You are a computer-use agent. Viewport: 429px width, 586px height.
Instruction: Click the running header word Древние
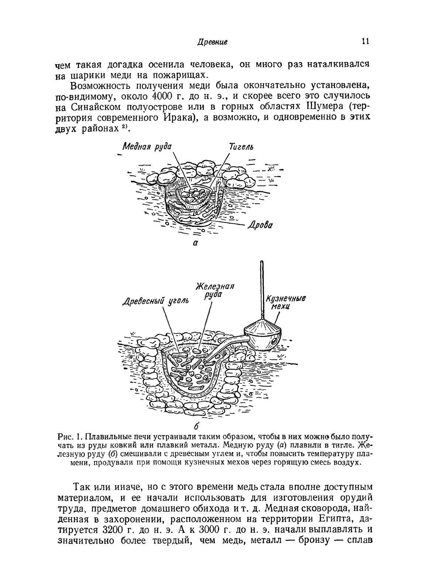tap(212, 42)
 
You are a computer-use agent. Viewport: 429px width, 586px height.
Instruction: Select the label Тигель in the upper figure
tap(241, 146)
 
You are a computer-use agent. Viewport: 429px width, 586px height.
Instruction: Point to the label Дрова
tap(260, 225)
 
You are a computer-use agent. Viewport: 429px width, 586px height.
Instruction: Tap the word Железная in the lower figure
tap(215, 287)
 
